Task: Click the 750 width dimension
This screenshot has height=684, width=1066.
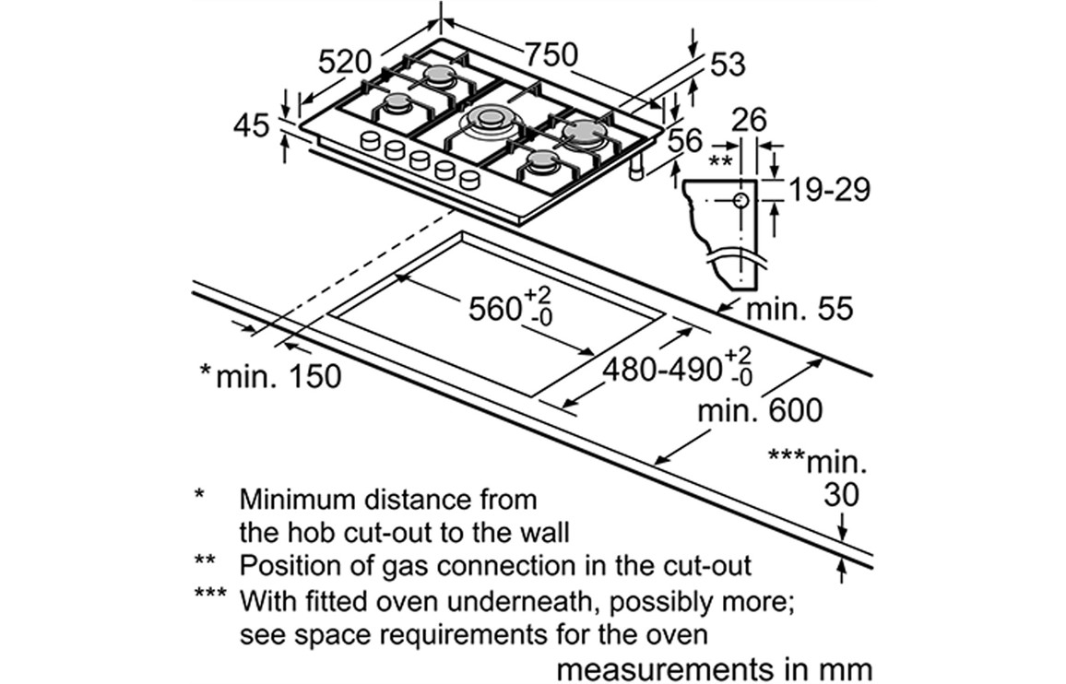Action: coord(551,54)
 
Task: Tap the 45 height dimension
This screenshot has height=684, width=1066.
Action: coord(255,125)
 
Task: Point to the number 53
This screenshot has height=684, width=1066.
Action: coord(727,64)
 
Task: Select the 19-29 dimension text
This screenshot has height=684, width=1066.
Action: coord(829,190)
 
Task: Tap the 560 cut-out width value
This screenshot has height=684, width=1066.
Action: coord(495,309)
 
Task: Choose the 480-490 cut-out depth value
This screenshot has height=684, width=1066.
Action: coord(662,370)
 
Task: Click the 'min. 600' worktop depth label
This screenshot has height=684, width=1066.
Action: coord(759,410)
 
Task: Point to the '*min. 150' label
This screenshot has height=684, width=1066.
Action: coord(270,375)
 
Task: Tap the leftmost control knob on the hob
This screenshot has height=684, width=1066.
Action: coord(370,141)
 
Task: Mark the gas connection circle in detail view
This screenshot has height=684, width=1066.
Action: coord(741,199)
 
